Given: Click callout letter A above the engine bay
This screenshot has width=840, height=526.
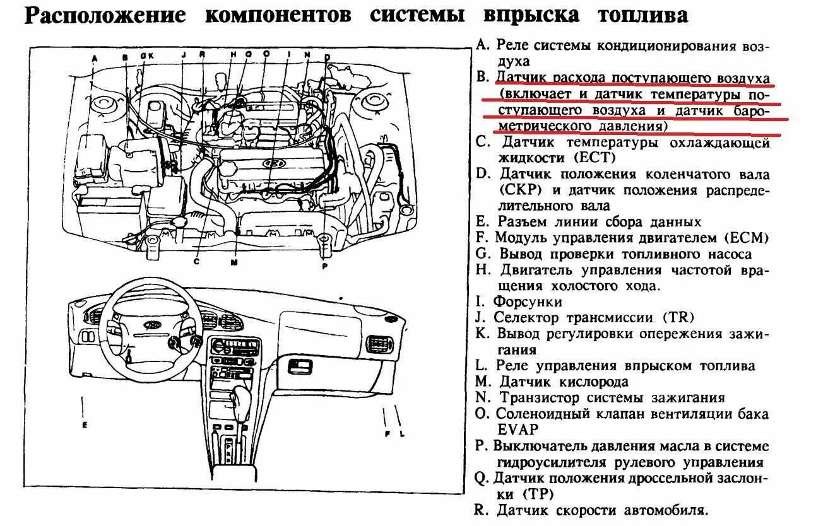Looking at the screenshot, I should coord(95,59).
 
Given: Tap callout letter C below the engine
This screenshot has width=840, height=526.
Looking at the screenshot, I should coord(196,260).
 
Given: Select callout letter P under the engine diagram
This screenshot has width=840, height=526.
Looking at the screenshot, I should coord(325,266).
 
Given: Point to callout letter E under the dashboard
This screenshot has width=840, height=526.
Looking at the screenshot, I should coord(84,424).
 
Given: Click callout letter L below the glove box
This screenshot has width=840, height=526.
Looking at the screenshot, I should coord(401,433).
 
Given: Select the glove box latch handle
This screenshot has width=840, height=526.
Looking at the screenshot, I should coord(300,365).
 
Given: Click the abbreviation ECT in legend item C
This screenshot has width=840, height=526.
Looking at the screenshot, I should coord(594,158).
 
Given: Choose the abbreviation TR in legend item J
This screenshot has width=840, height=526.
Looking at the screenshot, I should coord(675,318).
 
